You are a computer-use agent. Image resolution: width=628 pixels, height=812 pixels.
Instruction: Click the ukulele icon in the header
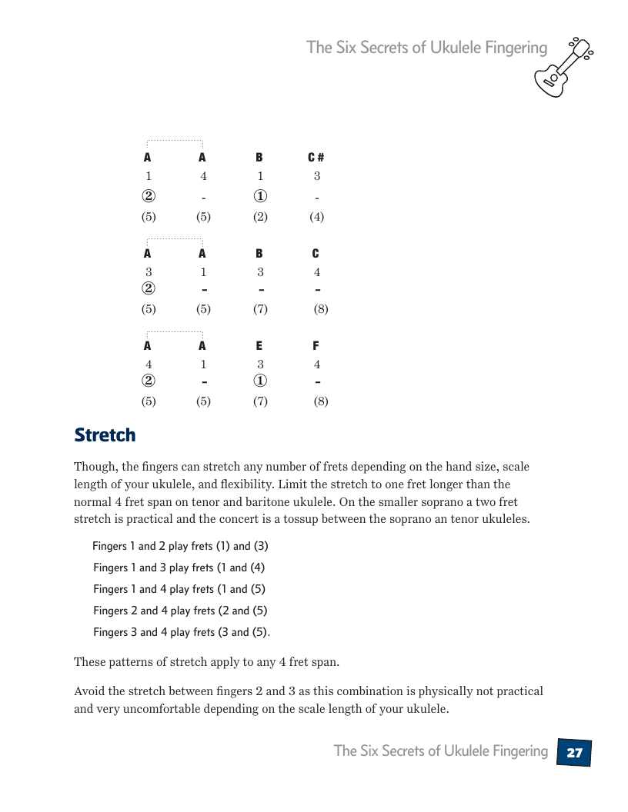click(564, 67)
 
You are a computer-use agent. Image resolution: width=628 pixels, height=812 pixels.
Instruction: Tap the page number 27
click(574, 752)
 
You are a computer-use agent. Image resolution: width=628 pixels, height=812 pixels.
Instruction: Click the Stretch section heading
click(105, 435)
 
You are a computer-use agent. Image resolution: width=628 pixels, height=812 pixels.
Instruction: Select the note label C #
click(316, 158)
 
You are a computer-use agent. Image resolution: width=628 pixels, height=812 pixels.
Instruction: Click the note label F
click(316, 346)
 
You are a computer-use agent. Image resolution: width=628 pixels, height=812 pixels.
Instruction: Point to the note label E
click(259, 346)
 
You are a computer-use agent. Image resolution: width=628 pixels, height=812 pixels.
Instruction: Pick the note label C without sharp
click(316, 253)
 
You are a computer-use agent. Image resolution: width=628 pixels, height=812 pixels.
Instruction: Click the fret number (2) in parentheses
click(260, 217)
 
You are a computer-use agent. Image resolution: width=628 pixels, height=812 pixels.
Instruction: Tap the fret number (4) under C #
click(316, 217)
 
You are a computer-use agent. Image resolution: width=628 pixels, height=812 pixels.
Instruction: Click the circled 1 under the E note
click(260, 381)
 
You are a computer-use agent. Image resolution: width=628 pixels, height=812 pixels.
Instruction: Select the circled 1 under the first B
click(260, 197)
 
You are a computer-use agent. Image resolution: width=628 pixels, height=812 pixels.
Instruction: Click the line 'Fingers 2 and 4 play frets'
click(180, 611)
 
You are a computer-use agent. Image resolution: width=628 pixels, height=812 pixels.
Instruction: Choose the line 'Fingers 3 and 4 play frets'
click(182, 632)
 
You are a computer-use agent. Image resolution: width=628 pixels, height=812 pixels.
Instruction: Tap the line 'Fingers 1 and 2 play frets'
click(180, 546)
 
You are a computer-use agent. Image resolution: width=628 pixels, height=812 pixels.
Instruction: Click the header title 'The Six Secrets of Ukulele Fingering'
click(426, 48)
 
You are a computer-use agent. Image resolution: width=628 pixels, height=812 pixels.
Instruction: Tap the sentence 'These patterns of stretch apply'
click(206, 661)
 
